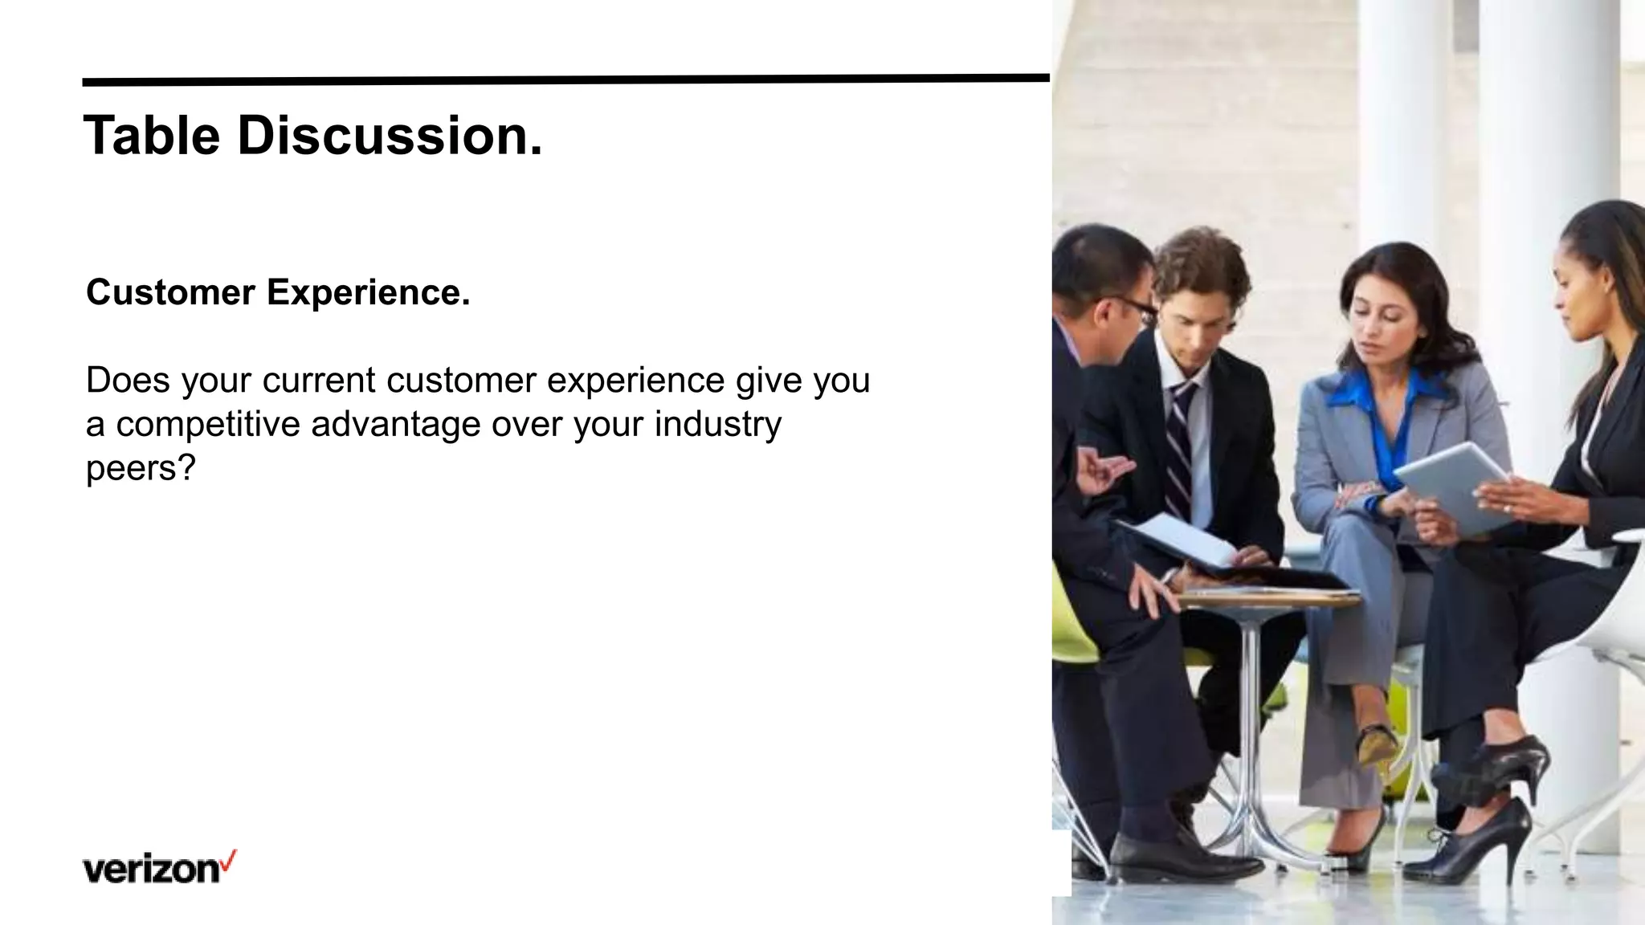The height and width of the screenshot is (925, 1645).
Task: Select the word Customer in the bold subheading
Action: click(x=170, y=292)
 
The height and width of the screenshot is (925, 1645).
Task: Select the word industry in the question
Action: click(x=717, y=425)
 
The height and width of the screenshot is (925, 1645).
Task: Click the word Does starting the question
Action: click(x=128, y=381)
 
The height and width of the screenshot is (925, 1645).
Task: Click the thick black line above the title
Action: click(x=562, y=79)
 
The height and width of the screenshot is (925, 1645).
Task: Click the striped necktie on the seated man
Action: click(x=1179, y=450)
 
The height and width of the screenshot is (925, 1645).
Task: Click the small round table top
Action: click(x=1269, y=598)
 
